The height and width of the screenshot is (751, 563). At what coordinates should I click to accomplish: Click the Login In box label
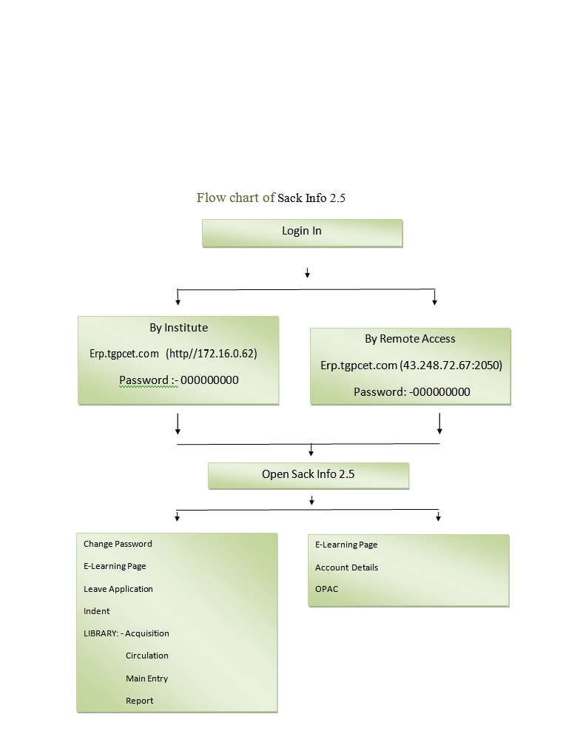[302, 231]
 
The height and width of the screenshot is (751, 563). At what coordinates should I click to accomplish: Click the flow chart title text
[271, 198]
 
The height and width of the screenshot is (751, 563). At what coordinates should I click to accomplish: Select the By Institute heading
[178, 328]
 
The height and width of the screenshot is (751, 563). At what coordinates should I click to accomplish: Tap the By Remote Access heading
[410, 339]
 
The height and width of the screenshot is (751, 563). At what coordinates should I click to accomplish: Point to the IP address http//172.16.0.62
[212, 354]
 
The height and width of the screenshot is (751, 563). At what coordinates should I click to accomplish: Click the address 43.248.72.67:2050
[451, 366]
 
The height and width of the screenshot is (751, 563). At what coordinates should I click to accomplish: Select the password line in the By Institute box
[178, 380]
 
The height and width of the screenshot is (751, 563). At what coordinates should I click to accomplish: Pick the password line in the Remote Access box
[412, 392]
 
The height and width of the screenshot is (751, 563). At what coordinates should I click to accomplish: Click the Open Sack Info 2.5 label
[309, 474]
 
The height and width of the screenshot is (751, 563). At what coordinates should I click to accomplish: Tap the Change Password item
[118, 544]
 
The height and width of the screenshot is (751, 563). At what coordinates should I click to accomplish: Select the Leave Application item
[118, 589]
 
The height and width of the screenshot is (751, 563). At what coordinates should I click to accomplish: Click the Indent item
[97, 611]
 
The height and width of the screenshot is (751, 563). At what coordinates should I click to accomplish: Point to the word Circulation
[147, 656]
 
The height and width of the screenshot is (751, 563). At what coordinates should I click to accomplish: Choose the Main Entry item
[147, 678]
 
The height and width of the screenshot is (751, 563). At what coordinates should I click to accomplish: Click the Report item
[139, 701]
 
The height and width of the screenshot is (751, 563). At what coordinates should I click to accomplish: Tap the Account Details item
[347, 568]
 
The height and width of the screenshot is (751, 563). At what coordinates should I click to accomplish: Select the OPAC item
[326, 589]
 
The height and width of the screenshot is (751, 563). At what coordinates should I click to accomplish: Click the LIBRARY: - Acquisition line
[127, 633]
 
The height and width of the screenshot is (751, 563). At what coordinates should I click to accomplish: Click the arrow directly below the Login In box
[307, 273]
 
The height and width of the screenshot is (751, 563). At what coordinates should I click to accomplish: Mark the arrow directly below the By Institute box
[178, 425]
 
